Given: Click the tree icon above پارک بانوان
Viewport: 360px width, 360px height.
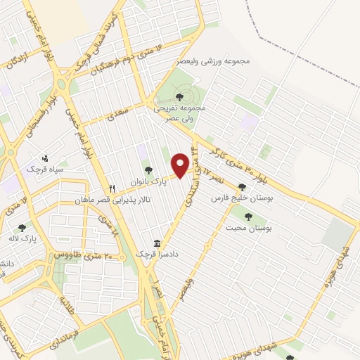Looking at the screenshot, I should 148,169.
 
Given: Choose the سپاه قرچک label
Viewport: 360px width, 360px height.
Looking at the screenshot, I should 45,169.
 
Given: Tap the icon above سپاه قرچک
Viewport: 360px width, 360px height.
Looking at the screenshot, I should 46,157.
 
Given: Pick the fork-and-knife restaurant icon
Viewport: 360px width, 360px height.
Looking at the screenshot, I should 112,188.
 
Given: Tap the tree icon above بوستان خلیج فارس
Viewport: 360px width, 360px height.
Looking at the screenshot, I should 243,187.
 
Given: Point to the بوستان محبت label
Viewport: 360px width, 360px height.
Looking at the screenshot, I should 247,229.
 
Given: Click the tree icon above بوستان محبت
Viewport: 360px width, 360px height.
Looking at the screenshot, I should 247,217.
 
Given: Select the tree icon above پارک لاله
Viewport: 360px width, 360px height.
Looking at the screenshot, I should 22,227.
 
